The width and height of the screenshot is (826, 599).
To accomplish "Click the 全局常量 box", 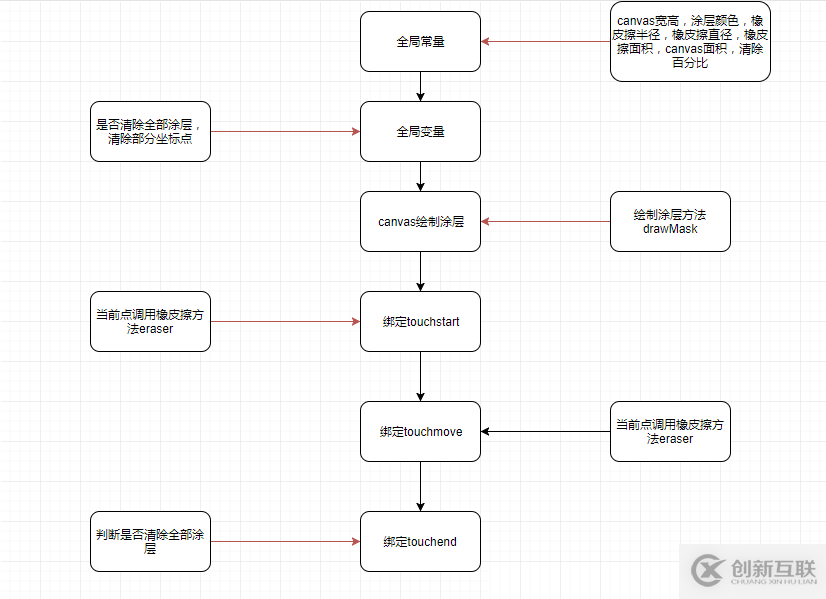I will [x=420, y=42].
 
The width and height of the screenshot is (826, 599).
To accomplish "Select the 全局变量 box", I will [x=420, y=131].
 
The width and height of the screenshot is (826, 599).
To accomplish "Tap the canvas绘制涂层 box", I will [x=420, y=221].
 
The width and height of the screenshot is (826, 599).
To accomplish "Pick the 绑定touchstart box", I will [x=420, y=322].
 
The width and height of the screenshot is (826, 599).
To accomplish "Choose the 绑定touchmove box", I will [x=420, y=432].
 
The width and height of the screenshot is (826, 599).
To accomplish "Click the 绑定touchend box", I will [x=420, y=541].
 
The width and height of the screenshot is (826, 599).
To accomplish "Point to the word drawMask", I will [x=670, y=229].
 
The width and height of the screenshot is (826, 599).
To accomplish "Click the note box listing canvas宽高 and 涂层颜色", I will [x=690, y=42].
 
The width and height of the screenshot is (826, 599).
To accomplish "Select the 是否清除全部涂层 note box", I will [x=150, y=131].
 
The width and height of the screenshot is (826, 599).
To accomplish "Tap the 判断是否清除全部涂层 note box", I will [x=150, y=541].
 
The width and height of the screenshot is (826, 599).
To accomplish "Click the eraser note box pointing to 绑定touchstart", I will [x=150, y=321].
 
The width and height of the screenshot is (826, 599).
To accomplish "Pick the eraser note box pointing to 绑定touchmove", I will [x=670, y=431].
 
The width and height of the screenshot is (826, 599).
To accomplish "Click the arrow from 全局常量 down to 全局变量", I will [x=420, y=86].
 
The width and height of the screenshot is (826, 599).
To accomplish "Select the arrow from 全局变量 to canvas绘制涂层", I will [x=420, y=176].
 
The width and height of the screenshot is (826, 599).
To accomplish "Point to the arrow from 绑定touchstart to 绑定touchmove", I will [x=420, y=376].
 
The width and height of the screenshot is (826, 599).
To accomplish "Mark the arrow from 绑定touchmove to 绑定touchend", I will [x=420, y=486].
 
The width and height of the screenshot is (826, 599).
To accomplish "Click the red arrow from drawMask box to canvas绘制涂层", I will [x=545, y=221].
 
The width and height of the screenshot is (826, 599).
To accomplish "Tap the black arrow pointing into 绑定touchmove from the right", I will [x=545, y=432].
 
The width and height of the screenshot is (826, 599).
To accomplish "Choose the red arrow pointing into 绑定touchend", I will [x=285, y=541].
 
